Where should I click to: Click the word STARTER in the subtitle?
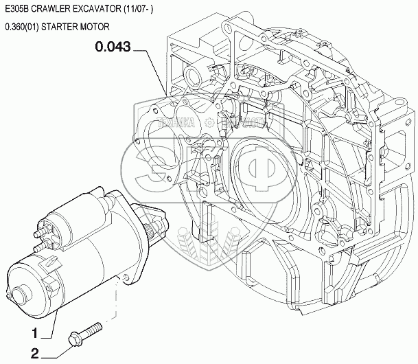[x=59, y=27]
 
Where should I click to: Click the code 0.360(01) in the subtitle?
[x=21, y=27]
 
